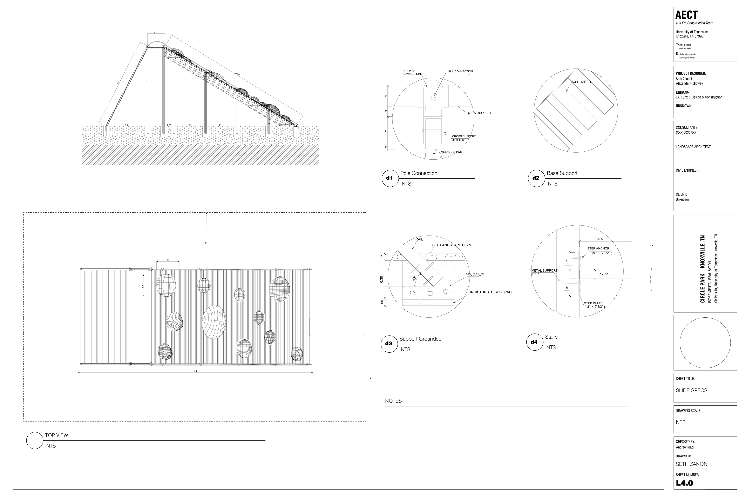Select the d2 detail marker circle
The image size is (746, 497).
point(536,178)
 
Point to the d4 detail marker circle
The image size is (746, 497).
point(534,342)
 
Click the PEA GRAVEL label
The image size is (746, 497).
point(475,275)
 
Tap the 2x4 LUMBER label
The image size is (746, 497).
point(581,82)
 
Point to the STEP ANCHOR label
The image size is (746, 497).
point(598,248)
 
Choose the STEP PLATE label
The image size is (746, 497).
point(593,303)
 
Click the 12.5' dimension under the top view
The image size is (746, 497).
point(194,371)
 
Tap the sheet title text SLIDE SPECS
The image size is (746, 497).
point(691,390)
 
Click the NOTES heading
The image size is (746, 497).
point(393,401)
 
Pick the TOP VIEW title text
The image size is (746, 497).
point(57,435)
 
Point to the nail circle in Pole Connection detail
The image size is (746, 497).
point(433,98)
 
